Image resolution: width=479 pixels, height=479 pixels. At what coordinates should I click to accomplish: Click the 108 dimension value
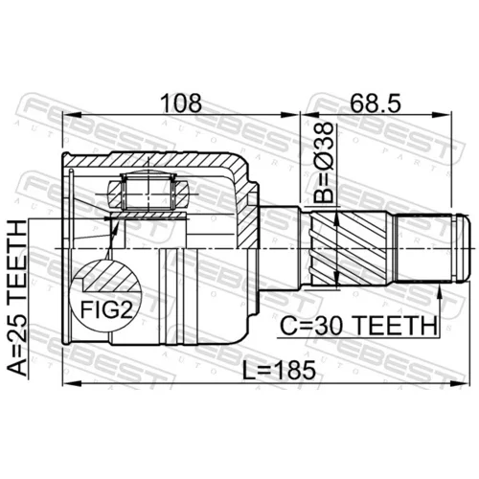coord(181,103)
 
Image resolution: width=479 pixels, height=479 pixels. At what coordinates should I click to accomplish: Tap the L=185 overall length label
coord(279,371)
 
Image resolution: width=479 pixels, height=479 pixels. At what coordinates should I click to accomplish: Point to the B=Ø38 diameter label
coord(323,163)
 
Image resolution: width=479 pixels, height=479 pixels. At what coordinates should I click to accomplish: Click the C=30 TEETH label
coord(358,326)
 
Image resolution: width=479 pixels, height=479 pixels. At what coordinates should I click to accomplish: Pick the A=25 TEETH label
coord(17,298)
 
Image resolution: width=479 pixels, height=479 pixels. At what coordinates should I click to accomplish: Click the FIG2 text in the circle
coord(106,310)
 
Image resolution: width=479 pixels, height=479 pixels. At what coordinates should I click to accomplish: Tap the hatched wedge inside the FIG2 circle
coord(112,277)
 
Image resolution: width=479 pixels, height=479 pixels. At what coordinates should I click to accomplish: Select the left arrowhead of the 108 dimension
coord(71,115)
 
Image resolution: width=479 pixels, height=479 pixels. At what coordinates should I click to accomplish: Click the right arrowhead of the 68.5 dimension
coord(444,115)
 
